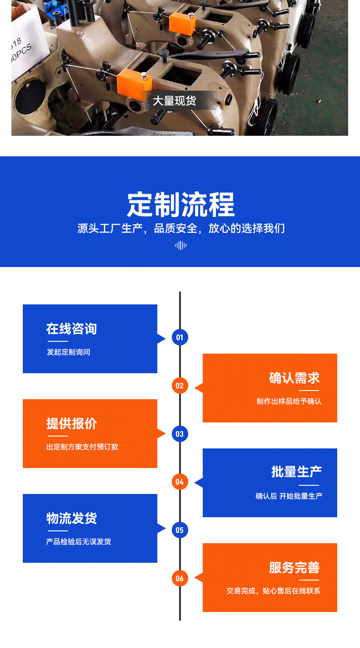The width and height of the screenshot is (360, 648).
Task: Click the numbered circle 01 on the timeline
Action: coord(180,337)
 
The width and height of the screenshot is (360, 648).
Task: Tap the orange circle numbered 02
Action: coord(180,386)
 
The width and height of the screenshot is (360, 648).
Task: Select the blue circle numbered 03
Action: coord(180,434)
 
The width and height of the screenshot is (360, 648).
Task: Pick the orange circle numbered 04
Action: coord(180,482)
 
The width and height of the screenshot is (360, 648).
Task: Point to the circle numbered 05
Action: coord(180,530)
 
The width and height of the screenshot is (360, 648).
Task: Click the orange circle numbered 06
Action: coord(180,578)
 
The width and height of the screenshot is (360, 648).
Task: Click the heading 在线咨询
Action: coord(72,329)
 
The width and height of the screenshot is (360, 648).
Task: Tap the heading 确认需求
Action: coord(294,378)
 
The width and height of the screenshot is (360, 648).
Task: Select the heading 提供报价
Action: coord(72,423)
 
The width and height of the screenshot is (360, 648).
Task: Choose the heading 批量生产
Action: coord(297,472)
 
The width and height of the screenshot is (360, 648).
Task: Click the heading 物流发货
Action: coord(72,518)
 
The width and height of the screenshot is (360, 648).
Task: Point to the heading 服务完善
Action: coord(294,567)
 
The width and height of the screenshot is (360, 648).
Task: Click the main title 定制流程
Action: coord(180,205)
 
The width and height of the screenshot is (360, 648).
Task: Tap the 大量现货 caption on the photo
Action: coord(175,101)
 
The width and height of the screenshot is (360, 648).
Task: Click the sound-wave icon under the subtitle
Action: coord(180,245)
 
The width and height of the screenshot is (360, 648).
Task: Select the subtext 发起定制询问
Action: coord(68,352)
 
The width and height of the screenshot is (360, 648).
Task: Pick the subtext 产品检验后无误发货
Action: coord(78,542)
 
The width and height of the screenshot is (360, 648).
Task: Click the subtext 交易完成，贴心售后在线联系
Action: coord(273,591)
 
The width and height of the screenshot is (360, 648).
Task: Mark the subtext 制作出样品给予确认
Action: coord(289,401)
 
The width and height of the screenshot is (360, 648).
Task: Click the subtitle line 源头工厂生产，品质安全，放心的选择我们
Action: coord(180,228)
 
